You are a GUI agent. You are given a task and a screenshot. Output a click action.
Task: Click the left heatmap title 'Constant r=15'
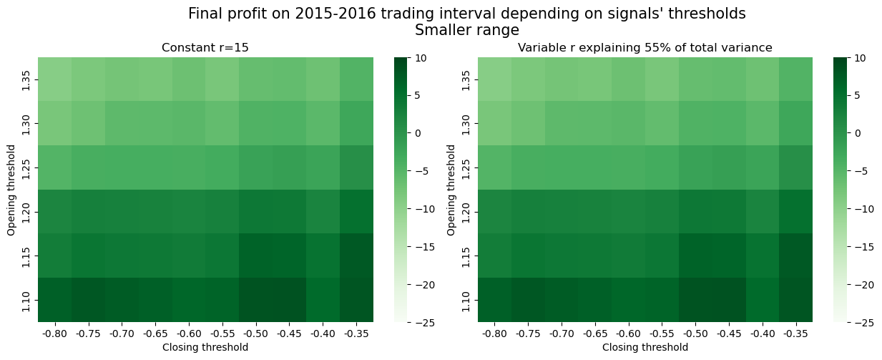[205, 48]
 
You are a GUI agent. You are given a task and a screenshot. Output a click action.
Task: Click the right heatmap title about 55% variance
[645, 48]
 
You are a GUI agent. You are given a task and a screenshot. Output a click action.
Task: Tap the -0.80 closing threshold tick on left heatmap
[54, 333]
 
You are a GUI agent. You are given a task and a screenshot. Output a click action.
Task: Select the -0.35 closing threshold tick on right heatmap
[795, 333]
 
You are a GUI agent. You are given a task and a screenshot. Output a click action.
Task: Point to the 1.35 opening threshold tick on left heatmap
[26, 79]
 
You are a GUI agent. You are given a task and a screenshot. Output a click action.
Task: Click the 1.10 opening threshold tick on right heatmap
[466, 300]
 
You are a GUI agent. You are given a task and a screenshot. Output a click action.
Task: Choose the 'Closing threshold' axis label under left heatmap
[205, 347]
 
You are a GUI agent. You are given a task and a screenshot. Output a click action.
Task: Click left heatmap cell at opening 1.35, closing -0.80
[54, 79]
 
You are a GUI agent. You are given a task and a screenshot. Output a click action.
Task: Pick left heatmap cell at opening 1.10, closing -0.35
[356, 300]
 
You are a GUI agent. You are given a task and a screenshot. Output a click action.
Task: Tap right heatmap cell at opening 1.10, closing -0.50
[695, 300]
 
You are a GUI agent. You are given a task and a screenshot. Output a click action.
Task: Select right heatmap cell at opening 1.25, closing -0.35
[795, 167]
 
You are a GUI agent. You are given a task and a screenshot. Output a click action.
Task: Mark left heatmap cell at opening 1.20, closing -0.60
[189, 211]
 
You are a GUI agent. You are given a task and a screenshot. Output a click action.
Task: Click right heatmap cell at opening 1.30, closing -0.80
[494, 123]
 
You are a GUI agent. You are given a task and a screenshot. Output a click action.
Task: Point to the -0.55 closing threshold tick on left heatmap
[222, 333]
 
